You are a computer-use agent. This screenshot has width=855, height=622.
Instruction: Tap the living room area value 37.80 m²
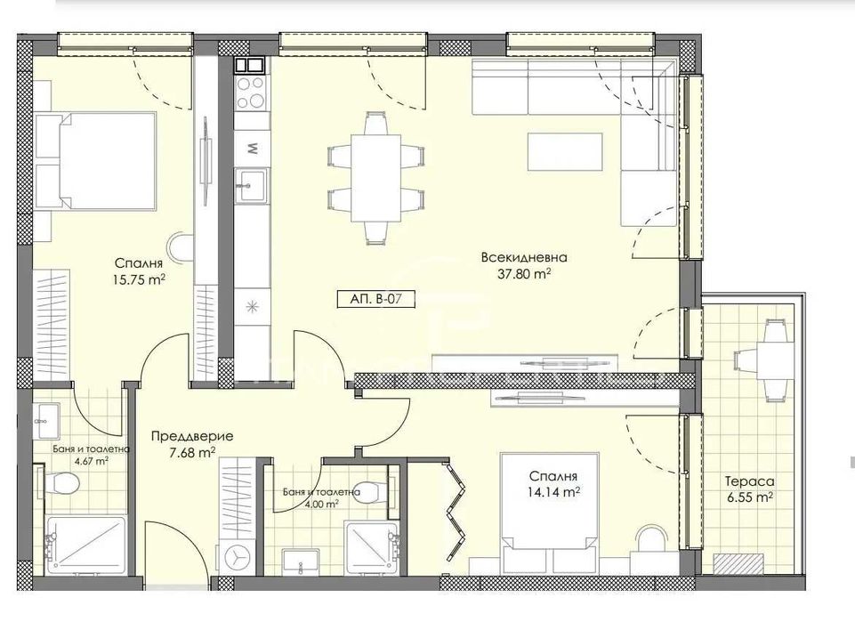click(523, 274)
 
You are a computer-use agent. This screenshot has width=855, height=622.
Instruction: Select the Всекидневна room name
click(523, 258)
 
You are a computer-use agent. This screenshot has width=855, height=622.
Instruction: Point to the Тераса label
click(747, 481)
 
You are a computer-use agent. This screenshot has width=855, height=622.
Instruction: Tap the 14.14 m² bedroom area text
click(552, 490)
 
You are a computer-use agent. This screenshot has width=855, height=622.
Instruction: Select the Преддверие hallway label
click(192, 436)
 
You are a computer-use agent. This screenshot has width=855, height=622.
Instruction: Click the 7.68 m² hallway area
click(192, 452)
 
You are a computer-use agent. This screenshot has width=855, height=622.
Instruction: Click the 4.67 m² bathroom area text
click(84, 461)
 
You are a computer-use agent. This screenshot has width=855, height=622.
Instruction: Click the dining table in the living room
click(374, 178)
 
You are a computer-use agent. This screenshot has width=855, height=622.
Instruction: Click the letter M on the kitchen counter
click(252, 148)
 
